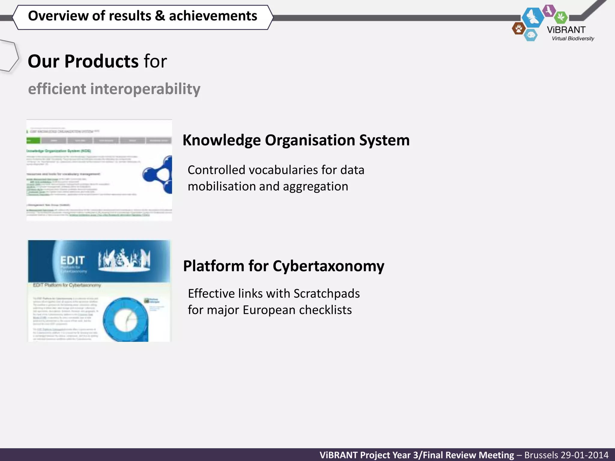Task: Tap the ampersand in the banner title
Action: (160, 16)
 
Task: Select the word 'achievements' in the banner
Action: (213, 16)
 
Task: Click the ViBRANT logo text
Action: (566, 30)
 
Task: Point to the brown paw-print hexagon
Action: (519, 29)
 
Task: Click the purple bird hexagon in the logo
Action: (549, 11)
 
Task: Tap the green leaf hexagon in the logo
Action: (561, 17)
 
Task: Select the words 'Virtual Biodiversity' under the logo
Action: (573, 38)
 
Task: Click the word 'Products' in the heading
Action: (101, 61)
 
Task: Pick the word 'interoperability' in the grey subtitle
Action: (145, 89)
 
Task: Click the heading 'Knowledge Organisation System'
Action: (296, 140)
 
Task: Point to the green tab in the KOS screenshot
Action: (33, 140)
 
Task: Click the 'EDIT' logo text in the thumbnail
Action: (72, 260)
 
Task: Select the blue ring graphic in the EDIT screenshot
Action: (126, 319)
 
